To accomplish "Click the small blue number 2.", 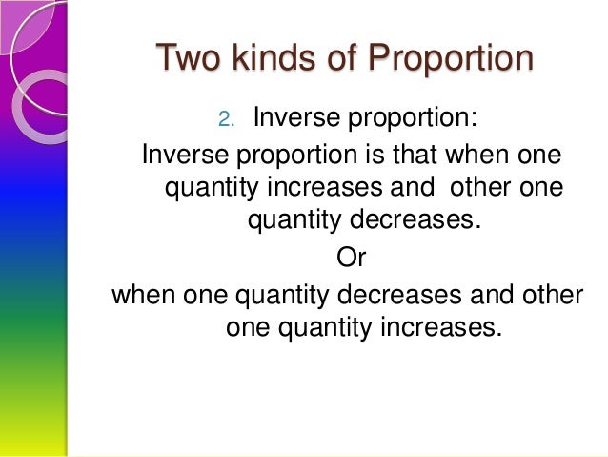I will pyautogui.click(x=226, y=120).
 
